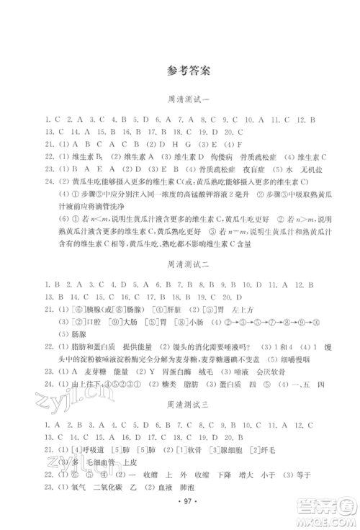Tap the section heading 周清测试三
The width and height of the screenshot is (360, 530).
[x=180, y=406]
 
